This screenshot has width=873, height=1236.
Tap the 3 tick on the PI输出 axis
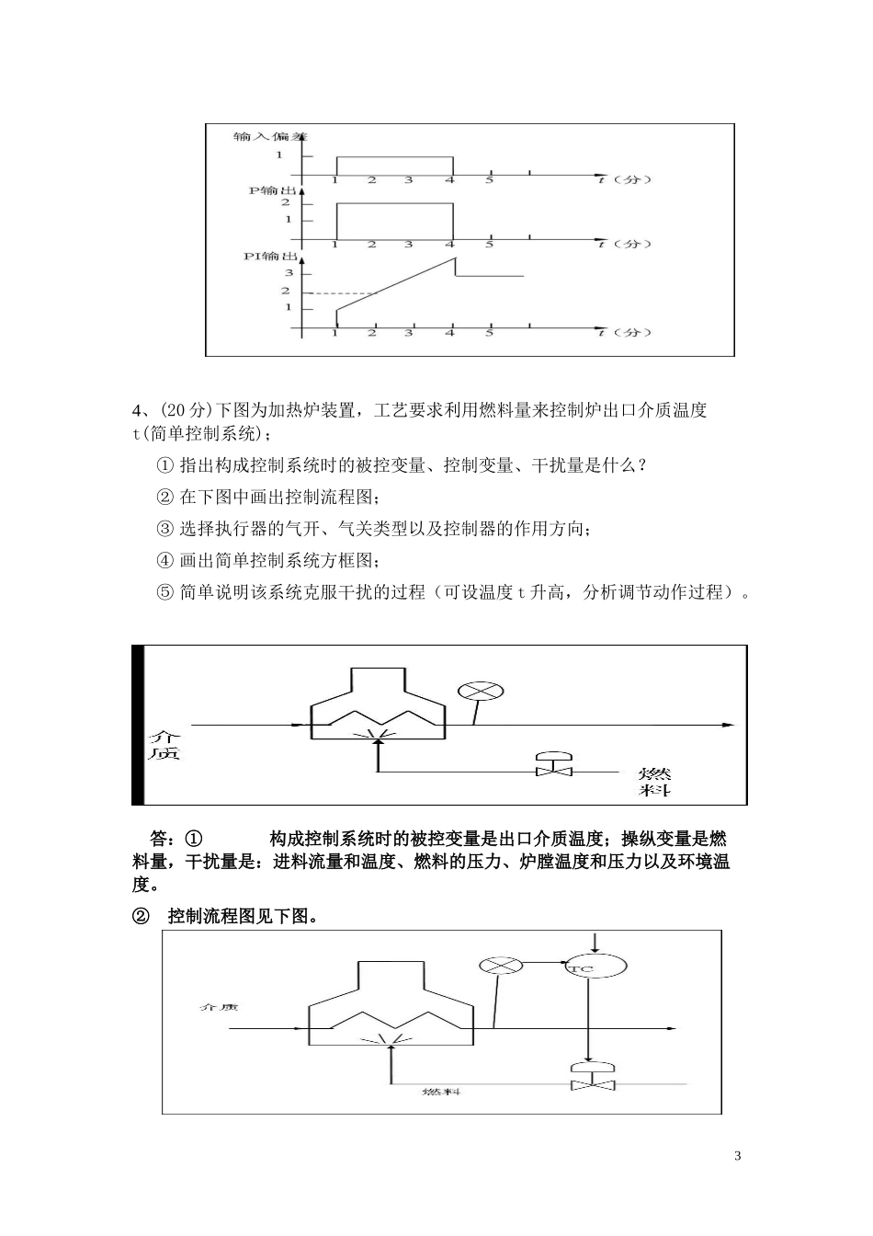point(287,273)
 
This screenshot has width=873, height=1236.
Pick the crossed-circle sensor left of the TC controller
point(502,965)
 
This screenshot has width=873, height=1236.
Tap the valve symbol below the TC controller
point(592,1078)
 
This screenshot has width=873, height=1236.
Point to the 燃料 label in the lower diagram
point(441,1092)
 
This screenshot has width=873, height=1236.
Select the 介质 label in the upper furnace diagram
point(165,745)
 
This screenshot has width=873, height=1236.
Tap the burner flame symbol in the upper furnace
point(378,734)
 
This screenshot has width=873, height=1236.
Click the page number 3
point(738,1155)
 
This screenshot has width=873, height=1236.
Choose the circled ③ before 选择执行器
point(165,529)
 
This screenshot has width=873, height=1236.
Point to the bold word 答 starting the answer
point(160,839)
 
